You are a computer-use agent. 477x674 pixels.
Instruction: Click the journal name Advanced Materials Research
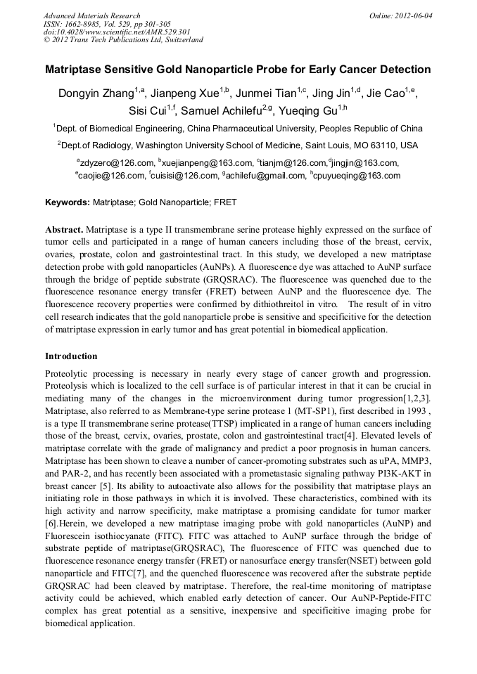91,15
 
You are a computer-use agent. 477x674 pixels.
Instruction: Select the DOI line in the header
117,32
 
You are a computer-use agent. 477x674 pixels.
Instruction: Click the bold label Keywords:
68,202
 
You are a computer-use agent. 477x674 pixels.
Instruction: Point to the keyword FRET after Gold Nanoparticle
225,202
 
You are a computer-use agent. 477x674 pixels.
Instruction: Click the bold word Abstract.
65,230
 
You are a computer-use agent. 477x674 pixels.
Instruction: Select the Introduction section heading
71,356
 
